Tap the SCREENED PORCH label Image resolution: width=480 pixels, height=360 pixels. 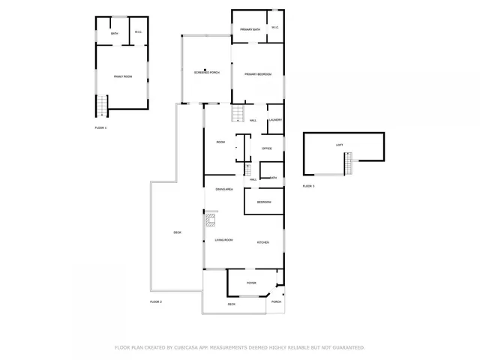point(206,73)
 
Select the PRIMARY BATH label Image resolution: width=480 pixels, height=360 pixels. point(250,29)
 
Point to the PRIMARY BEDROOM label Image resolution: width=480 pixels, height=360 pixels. point(257,74)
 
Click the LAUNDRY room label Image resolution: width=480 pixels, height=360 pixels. point(275,120)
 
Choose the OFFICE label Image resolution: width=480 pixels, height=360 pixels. point(266,148)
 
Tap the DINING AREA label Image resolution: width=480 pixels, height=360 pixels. point(224,189)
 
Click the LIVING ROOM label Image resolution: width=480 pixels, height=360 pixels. point(223,240)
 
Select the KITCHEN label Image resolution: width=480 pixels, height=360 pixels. point(263,243)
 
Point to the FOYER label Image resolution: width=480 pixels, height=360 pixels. point(251,283)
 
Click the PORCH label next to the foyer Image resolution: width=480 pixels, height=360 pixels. point(276,301)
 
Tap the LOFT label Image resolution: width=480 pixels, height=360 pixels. point(339,145)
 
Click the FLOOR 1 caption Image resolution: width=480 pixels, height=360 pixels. point(100,128)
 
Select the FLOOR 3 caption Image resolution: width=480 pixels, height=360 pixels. point(309,185)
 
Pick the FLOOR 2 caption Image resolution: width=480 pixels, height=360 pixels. point(156,301)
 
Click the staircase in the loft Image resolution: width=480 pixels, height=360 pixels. point(348,163)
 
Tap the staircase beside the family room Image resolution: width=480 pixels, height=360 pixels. point(102,106)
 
